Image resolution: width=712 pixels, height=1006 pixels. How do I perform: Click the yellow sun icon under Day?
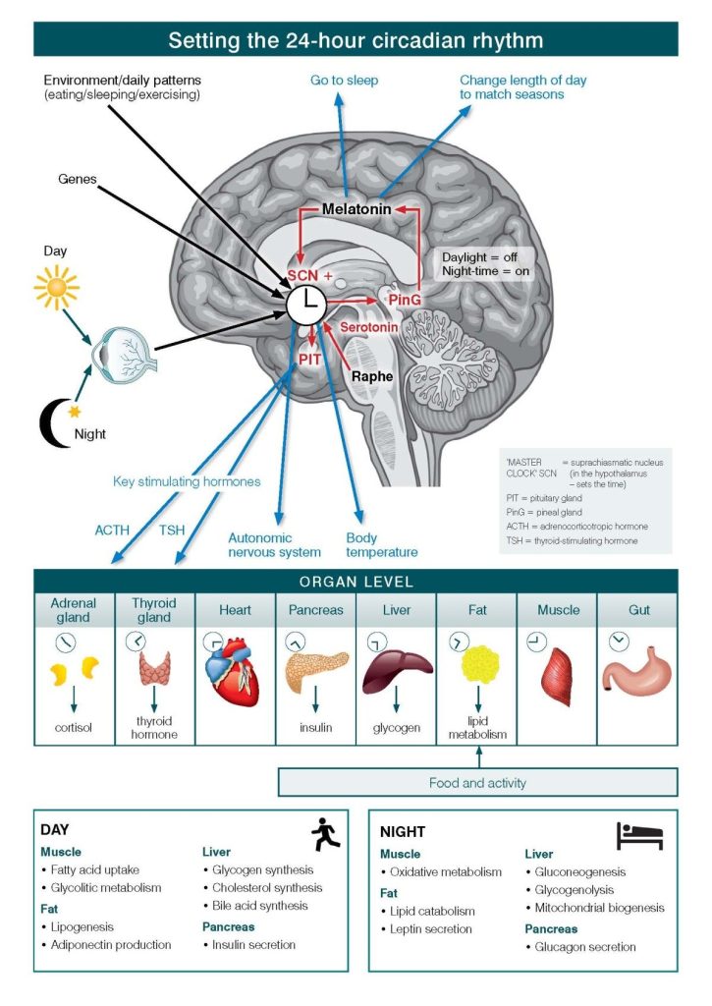[56, 288]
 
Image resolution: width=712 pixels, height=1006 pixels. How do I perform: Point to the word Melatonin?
[358, 209]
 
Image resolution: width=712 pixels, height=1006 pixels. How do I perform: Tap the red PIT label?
[309, 360]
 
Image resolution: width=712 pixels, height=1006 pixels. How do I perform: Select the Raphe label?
[372, 376]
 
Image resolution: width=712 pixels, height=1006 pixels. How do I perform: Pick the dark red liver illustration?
[396, 672]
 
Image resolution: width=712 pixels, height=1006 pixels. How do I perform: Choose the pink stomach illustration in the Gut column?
[638, 678]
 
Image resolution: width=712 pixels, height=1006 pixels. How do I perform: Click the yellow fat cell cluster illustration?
[478, 671]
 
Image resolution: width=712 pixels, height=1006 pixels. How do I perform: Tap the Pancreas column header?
[315, 610]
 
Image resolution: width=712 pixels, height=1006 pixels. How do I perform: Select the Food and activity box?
[478, 782]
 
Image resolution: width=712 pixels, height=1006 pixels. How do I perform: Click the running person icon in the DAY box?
[325, 835]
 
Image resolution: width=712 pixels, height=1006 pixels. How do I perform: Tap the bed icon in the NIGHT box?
[639, 836]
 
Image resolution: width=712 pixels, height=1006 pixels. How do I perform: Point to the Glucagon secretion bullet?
[585, 947]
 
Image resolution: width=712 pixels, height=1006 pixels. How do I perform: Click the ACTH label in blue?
[112, 530]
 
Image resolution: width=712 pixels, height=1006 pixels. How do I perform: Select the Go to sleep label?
[344, 81]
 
